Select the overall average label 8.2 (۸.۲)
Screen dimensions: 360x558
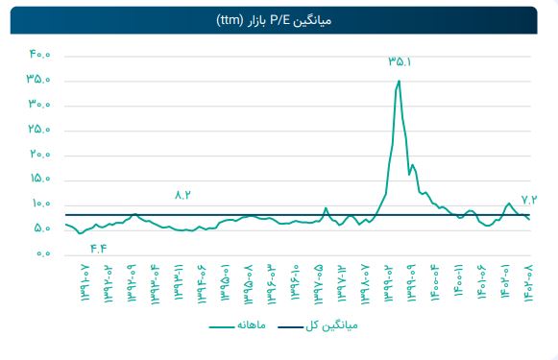pyautogui.click(x=183, y=195)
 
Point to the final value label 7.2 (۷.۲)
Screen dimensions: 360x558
pyautogui.click(x=530, y=198)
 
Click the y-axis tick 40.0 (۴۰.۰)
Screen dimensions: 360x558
pyautogui.click(x=38, y=55)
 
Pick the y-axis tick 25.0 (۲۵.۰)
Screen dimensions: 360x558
pyautogui.click(x=38, y=130)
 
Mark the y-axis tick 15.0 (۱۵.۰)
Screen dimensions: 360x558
pyautogui.click(x=38, y=180)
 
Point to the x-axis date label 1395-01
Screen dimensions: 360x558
pyautogui.click(x=227, y=281)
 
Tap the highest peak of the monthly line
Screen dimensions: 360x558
pyautogui.click(x=399, y=81)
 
